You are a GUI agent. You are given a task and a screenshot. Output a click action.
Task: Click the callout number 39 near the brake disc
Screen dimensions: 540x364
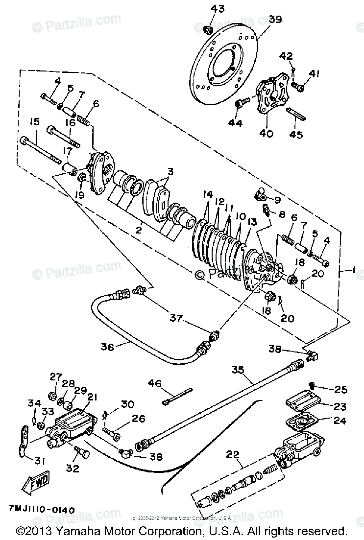[x=275, y=20]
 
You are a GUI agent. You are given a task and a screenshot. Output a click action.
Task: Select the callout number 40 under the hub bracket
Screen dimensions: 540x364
[x=266, y=134]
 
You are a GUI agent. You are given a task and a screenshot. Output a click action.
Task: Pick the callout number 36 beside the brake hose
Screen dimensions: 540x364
[x=107, y=347]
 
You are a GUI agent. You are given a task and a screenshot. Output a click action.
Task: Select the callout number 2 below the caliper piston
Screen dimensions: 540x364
[x=139, y=229]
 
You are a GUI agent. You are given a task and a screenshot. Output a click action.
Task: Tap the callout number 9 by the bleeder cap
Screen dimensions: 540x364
[x=277, y=199]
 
